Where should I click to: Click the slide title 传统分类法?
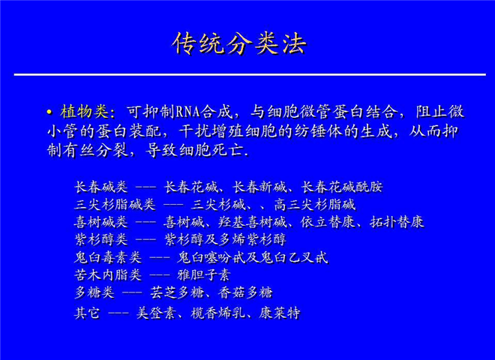239,44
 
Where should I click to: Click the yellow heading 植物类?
84,112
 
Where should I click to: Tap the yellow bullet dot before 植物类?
49,112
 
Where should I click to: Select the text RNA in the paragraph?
187,112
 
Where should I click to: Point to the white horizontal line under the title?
250,75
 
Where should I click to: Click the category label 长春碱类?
101,187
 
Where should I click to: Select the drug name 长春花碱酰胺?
342,187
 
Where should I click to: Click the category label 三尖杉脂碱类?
115,205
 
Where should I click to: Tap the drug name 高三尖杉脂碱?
315,205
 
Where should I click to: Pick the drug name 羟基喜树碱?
252,222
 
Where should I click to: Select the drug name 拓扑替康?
397,222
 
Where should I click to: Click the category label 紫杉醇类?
101,239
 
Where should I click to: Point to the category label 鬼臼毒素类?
108,257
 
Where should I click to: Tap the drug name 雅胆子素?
204,274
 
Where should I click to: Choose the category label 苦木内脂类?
108,274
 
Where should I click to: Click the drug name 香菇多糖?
245,292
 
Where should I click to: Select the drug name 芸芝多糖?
177,292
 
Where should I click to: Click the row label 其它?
87,313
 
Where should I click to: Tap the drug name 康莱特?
280,313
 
